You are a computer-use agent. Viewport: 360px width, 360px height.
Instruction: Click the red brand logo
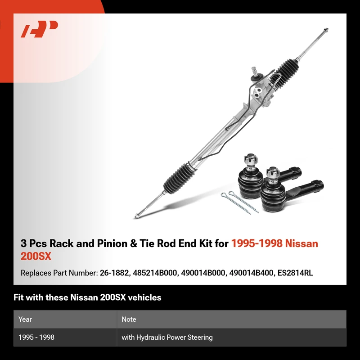pos(39,29)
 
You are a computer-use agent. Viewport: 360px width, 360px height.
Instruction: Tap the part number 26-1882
pos(114,273)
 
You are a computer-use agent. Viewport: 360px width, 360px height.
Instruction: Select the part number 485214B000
pos(154,273)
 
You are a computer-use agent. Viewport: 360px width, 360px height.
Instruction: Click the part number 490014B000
pos(203,273)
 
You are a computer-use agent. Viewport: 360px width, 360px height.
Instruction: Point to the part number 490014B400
pos(251,273)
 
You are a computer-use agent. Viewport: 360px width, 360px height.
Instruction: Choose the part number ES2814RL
pos(295,273)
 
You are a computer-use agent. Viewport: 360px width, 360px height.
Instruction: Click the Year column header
pos(25,319)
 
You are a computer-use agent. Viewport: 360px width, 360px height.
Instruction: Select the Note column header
pos(129,319)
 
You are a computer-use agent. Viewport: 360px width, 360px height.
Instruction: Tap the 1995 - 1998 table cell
pos(36,337)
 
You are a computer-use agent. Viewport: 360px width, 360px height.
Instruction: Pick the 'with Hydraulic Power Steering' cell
pos(167,337)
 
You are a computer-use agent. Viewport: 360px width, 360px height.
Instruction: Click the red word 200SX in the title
pos(36,256)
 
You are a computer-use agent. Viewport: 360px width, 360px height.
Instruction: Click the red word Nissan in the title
pos(301,243)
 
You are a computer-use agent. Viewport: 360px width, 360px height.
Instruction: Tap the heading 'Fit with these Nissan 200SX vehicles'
pos(87,297)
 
